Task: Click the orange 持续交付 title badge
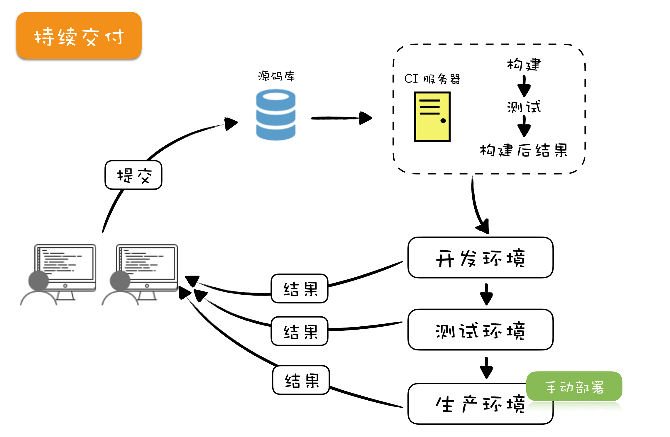(x=79, y=36)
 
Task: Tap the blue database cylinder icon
(x=275, y=115)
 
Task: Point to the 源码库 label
(x=276, y=76)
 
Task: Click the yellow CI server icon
(x=432, y=117)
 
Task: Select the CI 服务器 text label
(x=432, y=79)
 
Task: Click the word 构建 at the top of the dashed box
(x=524, y=64)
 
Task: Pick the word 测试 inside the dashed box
(x=524, y=107)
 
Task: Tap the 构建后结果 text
(x=524, y=150)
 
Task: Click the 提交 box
(x=133, y=175)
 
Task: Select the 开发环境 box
(x=480, y=258)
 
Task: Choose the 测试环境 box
(x=480, y=330)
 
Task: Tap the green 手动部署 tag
(x=574, y=387)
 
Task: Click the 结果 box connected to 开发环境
(x=300, y=288)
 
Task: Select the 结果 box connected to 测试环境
(x=300, y=331)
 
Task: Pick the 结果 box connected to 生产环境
(x=301, y=380)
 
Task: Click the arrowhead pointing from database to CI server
(x=366, y=118)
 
